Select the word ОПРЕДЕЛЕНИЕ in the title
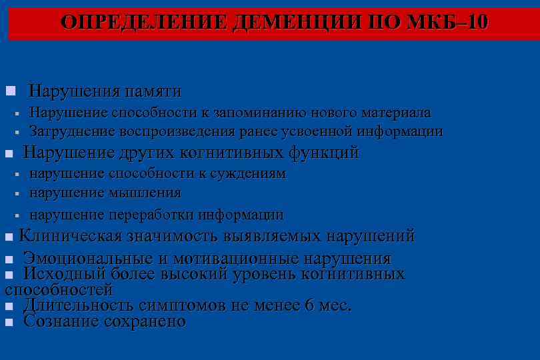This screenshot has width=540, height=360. tap(145, 23)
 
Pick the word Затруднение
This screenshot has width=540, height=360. tap(71, 131)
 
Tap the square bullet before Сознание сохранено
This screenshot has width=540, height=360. tap(9, 322)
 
